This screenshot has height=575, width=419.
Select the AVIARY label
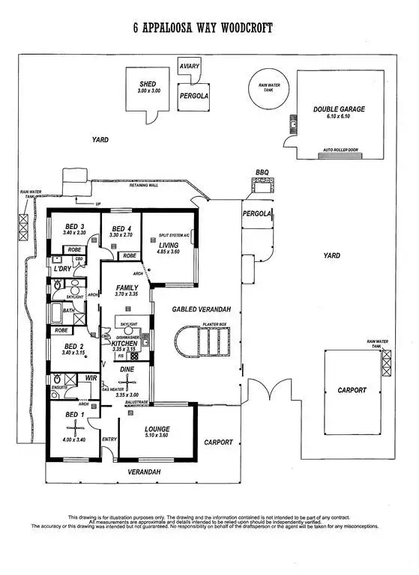(x=190, y=67)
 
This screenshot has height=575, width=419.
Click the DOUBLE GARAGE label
(x=339, y=109)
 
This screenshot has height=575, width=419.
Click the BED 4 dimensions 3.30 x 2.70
(x=121, y=236)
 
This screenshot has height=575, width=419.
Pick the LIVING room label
(x=169, y=244)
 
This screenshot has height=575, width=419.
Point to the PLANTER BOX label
(x=214, y=324)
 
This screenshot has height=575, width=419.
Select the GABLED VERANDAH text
(x=201, y=308)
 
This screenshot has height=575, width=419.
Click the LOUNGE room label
(x=157, y=430)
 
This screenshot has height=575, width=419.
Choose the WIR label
(x=91, y=379)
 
